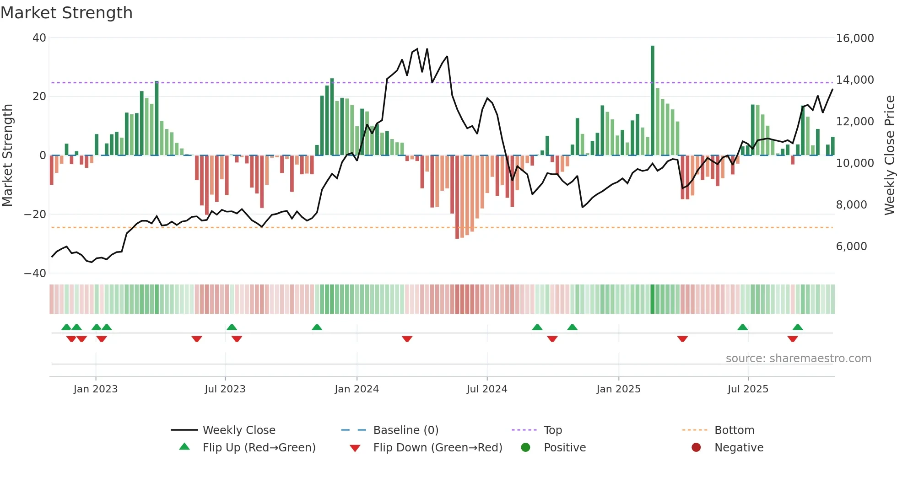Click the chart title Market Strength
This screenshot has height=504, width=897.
point(66,13)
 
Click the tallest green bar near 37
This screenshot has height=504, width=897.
point(653,101)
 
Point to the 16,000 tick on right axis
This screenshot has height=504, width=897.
point(854,38)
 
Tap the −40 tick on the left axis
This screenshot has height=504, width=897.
point(35,273)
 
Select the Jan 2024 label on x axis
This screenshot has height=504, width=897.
point(357,389)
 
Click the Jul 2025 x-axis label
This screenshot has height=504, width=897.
point(748,389)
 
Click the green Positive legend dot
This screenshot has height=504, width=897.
point(525,448)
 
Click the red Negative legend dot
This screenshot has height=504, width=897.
point(696,448)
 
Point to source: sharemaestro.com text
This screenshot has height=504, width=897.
point(798,359)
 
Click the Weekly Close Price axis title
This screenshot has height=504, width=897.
point(889,155)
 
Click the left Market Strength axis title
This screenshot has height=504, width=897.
point(8,155)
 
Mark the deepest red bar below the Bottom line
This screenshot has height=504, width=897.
point(457,197)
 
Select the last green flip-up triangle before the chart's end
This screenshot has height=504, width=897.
point(798,327)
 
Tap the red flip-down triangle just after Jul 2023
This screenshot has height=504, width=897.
point(237,339)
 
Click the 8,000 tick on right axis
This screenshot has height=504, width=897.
point(851,205)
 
